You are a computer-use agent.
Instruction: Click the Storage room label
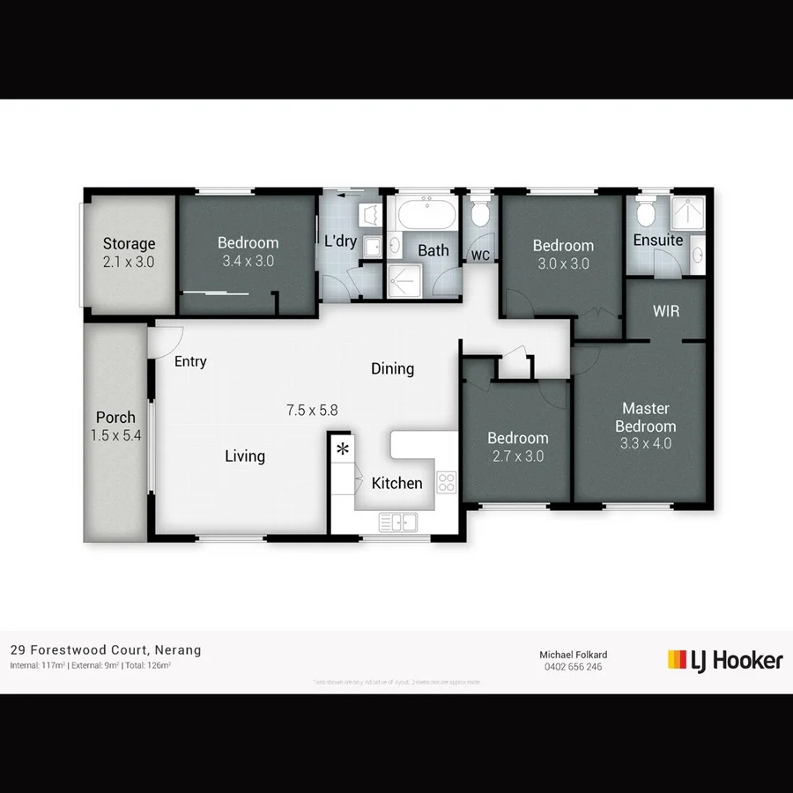(x=129, y=244)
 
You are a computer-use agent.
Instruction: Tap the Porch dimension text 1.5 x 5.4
(x=115, y=435)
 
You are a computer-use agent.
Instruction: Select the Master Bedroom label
(x=645, y=417)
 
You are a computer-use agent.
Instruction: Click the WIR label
(x=666, y=311)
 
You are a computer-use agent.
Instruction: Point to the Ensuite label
(x=658, y=240)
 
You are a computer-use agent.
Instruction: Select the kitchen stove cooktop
(x=447, y=482)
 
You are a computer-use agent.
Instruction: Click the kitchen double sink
(x=398, y=522)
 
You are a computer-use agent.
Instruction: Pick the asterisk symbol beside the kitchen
(x=342, y=450)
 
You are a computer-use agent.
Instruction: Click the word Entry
(x=190, y=361)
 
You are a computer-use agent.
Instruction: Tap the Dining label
(x=392, y=368)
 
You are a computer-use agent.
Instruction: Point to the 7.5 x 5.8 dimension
(x=312, y=410)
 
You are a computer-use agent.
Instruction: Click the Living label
(x=245, y=456)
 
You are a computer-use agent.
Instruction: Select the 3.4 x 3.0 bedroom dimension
(x=248, y=261)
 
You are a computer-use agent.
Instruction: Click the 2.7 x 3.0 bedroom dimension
(x=517, y=456)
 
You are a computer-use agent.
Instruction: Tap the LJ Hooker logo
(x=724, y=660)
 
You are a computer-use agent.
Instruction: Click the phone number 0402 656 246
(x=573, y=667)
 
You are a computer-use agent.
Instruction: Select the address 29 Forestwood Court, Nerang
(x=106, y=650)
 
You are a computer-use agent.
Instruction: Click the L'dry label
(x=340, y=241)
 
